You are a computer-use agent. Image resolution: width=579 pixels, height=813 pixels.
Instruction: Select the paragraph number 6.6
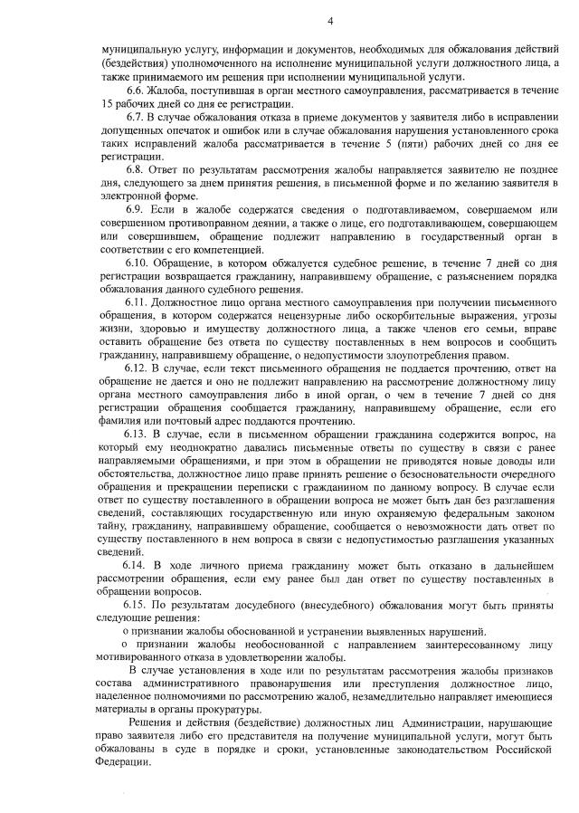click(x=137, y=92)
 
